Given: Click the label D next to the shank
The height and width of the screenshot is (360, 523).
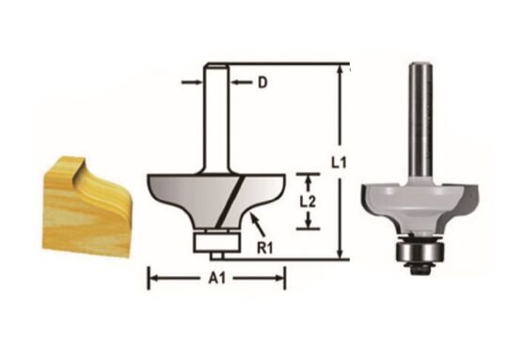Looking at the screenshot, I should pos(262,84).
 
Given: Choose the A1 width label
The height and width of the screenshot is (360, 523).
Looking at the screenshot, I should pos(215,278).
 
